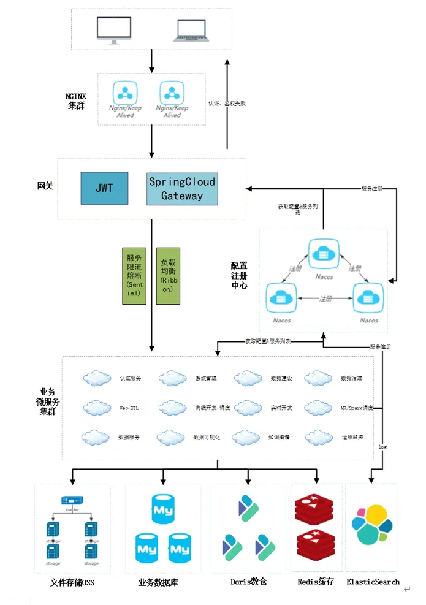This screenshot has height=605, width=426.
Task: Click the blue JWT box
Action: coord(104,188)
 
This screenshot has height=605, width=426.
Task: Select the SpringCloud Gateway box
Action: coord(182,189)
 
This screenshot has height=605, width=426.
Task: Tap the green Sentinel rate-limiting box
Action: coord(134,276)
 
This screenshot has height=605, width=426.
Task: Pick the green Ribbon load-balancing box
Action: coord(168,276)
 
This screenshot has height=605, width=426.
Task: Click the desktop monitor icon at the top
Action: coord(114,30)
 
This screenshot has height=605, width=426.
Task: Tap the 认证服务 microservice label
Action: coord(131,378)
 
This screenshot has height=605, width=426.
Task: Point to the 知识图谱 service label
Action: coord(279,438)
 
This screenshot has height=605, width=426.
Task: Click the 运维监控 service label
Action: coord(352,438)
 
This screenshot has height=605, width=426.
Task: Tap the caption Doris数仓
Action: coord(248,582)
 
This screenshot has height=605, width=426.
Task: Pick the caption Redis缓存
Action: coord(316,582)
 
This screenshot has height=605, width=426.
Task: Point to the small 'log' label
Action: coord(382,447)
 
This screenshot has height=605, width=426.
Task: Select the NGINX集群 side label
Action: coord(78,101)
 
